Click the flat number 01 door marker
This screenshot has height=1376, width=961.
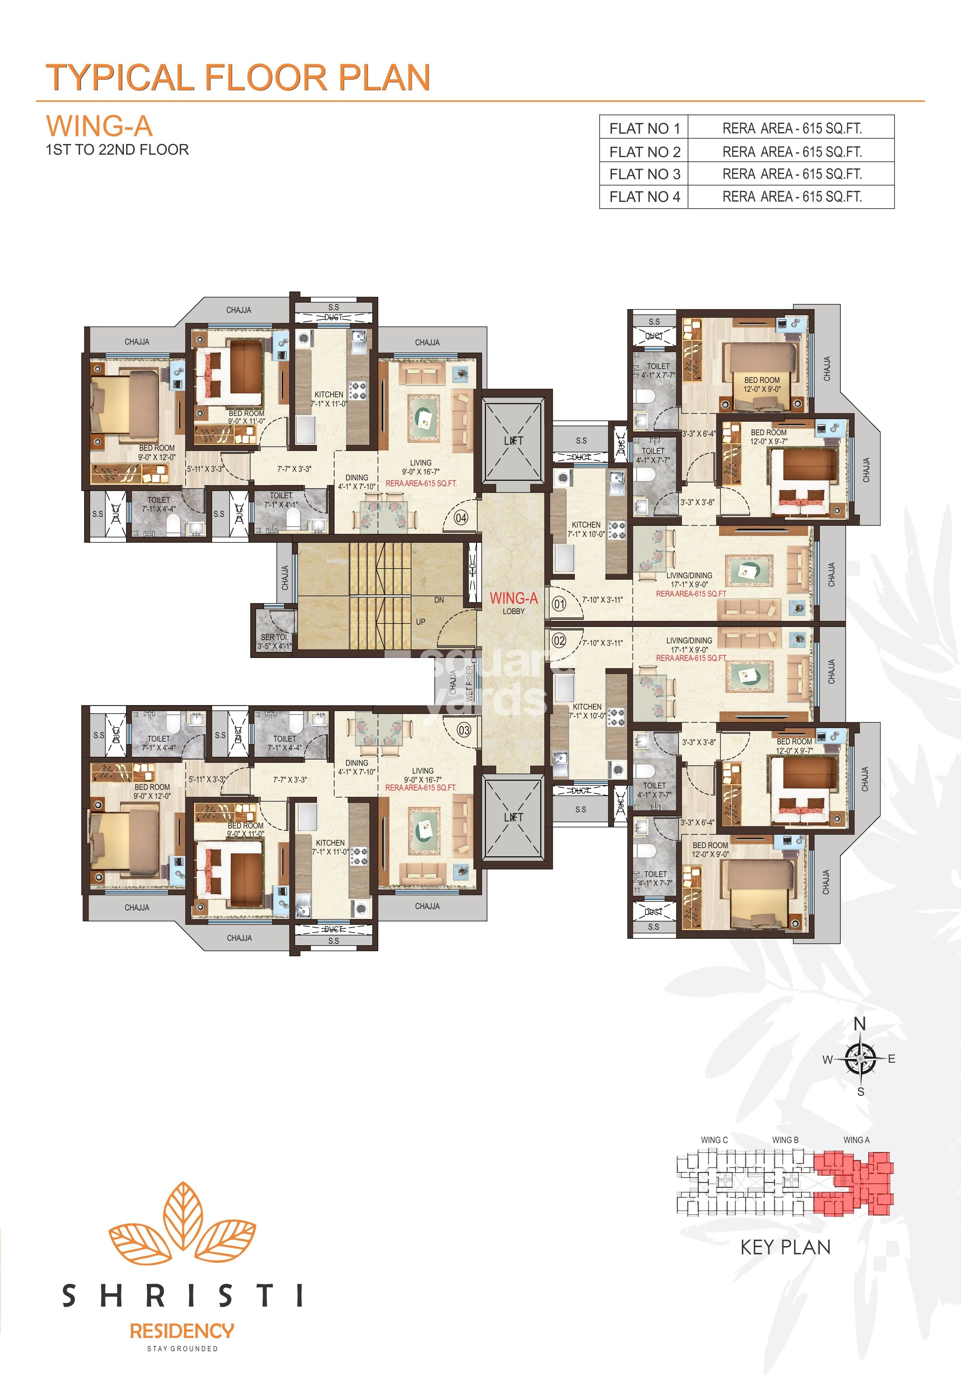559,603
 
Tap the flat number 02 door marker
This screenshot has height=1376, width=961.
559,641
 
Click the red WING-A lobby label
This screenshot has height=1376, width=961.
513,599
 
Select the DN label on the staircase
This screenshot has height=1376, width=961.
439,600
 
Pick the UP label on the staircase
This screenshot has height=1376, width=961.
421,622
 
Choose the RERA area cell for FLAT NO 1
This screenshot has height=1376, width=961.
791,128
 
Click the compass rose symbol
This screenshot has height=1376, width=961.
860,1059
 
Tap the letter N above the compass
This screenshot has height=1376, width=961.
860,1024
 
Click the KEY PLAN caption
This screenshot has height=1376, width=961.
786,1247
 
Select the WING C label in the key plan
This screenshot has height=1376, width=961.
714,1140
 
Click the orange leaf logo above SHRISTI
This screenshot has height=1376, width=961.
182,1223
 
